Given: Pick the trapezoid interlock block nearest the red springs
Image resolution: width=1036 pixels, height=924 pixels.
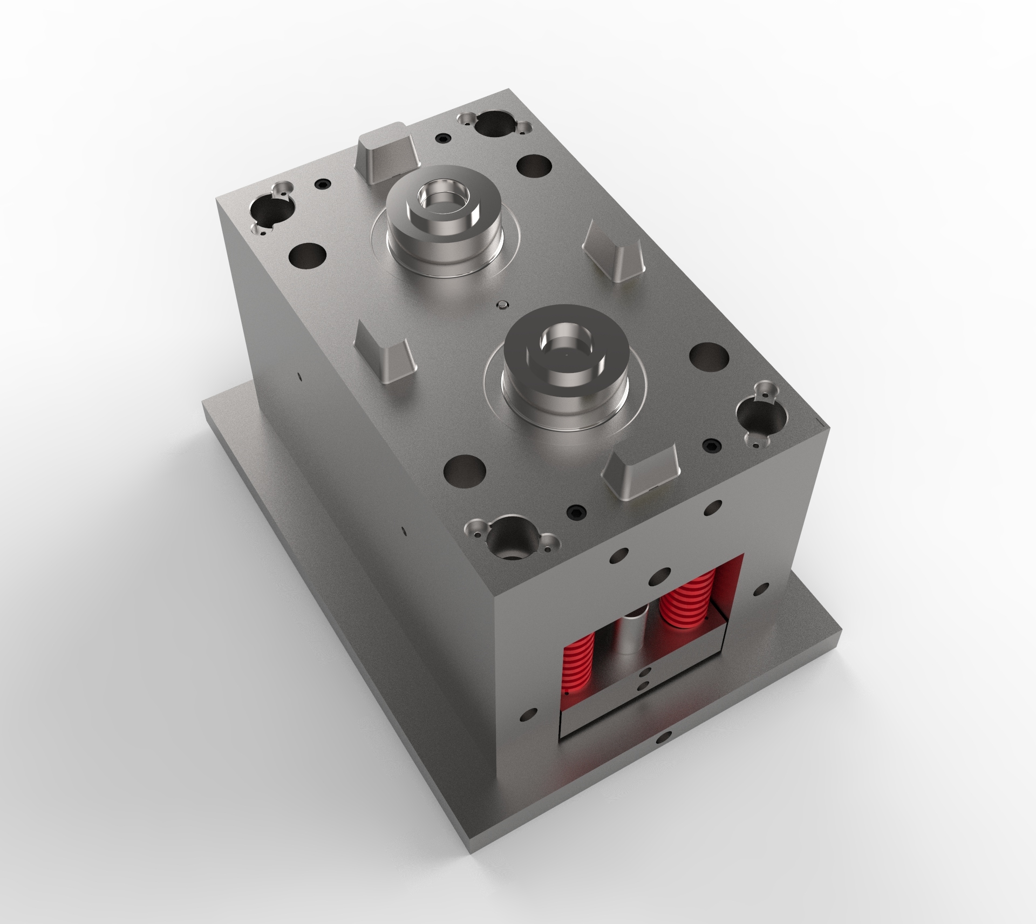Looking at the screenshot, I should pos(641,473).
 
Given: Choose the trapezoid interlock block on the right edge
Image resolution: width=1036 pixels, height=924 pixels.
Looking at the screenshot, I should pos(614,254).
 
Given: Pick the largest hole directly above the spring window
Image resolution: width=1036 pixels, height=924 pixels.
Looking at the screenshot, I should pos(659,577).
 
